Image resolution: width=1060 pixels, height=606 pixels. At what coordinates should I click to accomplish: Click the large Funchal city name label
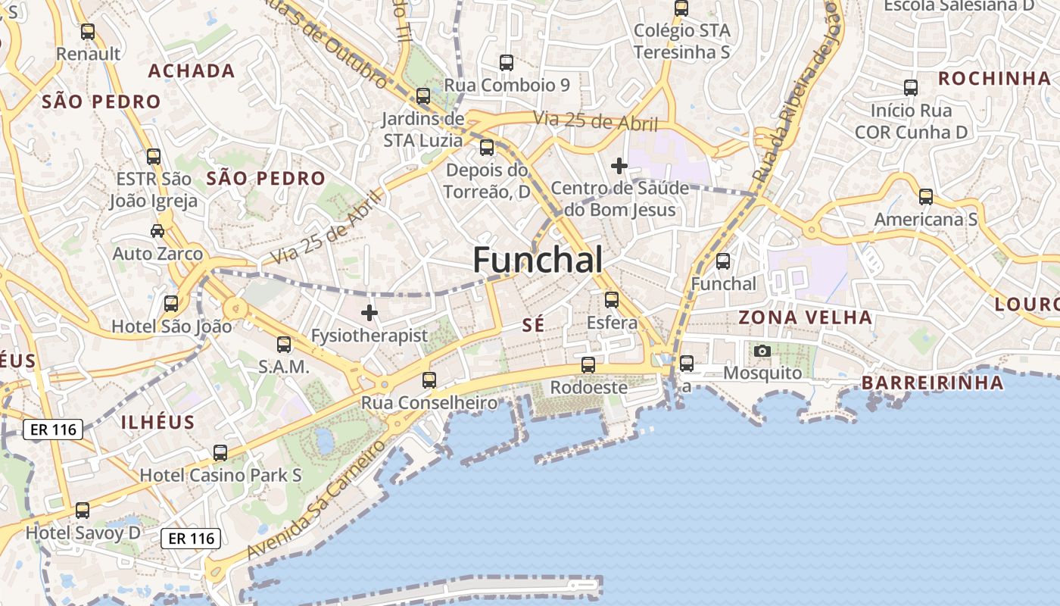(x=538, y=260)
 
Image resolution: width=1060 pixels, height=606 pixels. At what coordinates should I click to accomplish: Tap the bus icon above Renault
(x=88, y=32)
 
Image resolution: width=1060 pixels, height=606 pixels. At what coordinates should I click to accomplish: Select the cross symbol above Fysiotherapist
(x=369, y=312)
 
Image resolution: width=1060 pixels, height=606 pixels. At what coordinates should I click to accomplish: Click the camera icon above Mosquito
(x=762, y=351)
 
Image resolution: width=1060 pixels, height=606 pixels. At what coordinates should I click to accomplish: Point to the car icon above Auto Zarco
(x=157, y=231)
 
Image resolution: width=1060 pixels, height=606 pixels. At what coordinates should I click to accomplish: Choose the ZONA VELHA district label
(x=805, y=317)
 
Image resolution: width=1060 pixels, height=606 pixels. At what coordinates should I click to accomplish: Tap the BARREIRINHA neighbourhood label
(x=933, y=383)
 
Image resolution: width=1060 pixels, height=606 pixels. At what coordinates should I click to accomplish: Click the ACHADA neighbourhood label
(x=192, y=70)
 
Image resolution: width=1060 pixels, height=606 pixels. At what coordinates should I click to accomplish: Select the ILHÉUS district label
(x=157, y=422)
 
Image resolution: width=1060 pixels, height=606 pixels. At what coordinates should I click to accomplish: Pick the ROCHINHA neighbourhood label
(x=994, y=78)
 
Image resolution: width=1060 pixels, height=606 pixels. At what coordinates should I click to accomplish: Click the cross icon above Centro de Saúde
(x=619, y=165)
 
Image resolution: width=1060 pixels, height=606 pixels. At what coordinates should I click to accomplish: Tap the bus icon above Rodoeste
(x=588, y=364)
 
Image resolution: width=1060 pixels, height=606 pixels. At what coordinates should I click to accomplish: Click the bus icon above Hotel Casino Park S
(x=220, y=453)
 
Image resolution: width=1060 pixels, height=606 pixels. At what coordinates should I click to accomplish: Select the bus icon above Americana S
(x=926, y=197)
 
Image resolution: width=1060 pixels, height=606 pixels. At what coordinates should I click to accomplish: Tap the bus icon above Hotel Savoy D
(x=83, y=511)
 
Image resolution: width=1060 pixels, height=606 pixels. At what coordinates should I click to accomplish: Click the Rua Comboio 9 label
(x=507, y=85)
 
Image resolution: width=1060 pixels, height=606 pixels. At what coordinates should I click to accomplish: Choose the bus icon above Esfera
(x=612, y=300)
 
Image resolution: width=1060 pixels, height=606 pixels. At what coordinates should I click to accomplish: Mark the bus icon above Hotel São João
(x=171, y=304)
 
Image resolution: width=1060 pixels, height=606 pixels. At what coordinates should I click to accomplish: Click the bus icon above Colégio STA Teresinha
(x=681, y=8)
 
